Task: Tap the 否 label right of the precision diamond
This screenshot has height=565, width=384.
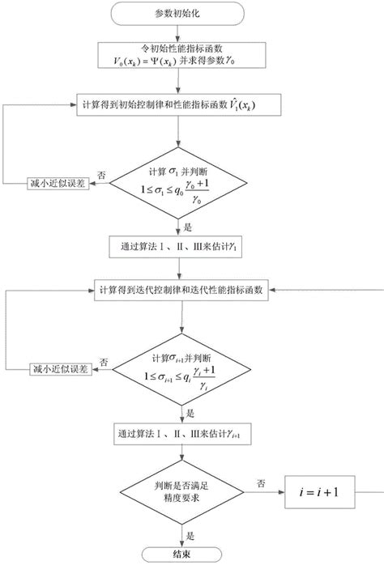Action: pos(261,483)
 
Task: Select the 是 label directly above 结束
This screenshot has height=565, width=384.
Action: pos(190,534)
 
